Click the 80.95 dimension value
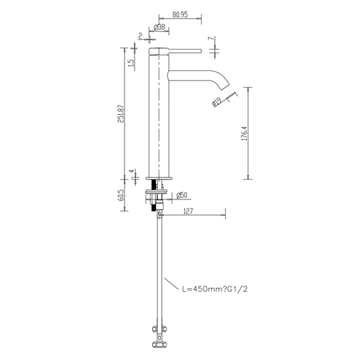click(180, 15)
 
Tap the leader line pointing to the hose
click(172, 284)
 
